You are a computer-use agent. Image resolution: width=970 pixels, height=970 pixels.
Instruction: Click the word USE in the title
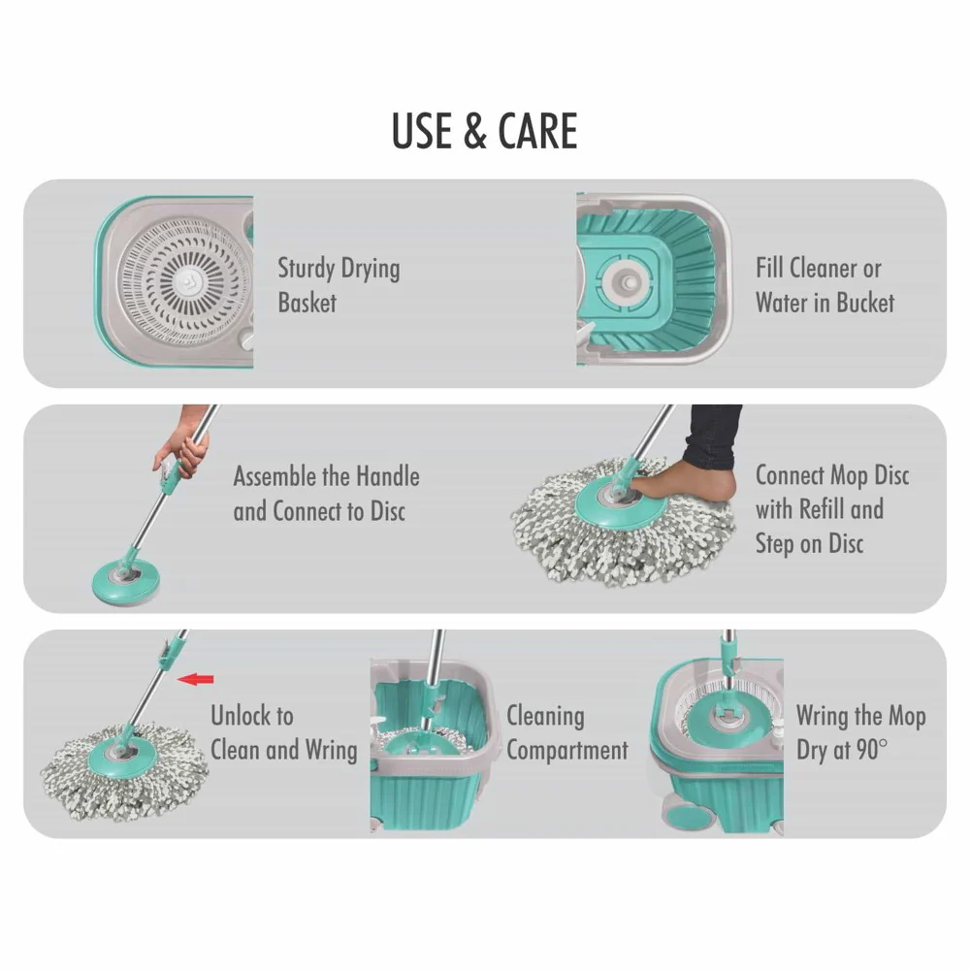[423, 132]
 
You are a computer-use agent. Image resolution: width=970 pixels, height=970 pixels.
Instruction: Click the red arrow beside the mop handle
[197, 679]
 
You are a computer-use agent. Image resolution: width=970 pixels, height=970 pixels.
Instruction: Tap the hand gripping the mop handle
[179, 449]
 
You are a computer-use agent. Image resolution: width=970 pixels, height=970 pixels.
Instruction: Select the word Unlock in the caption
[251, 716]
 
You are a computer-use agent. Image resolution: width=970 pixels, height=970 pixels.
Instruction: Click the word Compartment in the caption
[566, 751]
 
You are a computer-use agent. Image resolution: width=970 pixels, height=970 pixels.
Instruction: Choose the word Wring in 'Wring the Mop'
[821, 717]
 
